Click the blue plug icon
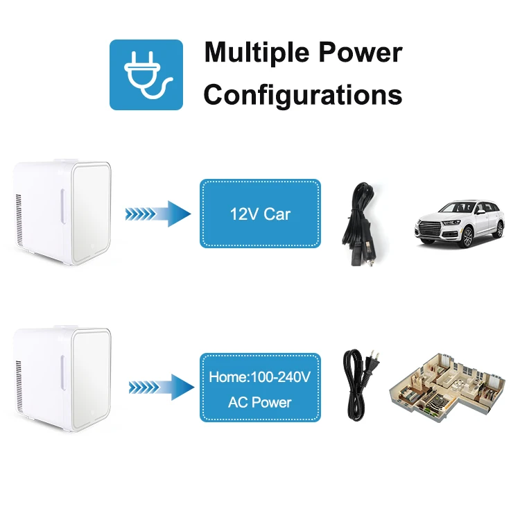[146, 74]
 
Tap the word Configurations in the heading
[303, 95]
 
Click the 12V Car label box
[260, 214]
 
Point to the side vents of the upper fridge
[19, 218]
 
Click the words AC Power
[260, 402]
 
